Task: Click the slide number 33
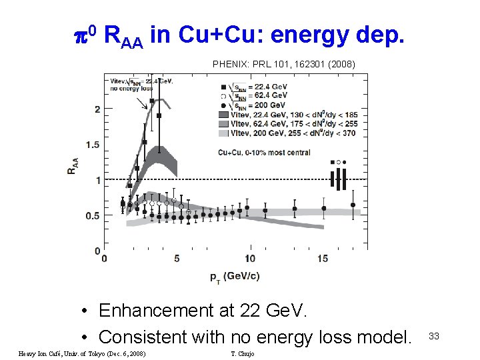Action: click(434, 336)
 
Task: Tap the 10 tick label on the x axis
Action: click(249, 259)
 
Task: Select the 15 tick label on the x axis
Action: click(323, 259)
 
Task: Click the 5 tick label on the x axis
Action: click(177, 259)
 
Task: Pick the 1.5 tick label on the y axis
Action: click(94, 145)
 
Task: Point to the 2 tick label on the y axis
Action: click(98, 109)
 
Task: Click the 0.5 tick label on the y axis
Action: click(94, 215)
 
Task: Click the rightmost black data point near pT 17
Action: click(353, 205)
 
